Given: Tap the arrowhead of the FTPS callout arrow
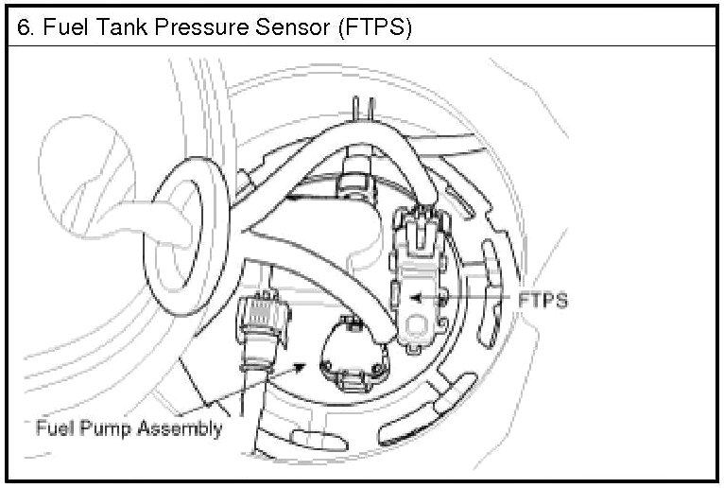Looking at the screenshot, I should pos(414,300).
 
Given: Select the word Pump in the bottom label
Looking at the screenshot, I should pos(106,428).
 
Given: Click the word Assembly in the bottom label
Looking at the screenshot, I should pos(180,428).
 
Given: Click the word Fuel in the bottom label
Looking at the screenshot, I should pos(53,428).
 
